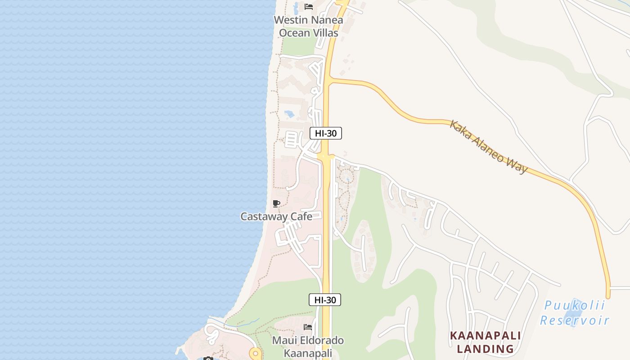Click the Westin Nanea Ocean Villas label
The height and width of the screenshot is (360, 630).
[x=308, y=27]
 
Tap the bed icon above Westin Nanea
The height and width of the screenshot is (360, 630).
[x=308, y=7]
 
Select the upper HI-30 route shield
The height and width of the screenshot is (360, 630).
[x=326, y=133]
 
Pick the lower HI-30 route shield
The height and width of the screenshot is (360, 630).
[x=325, y=300]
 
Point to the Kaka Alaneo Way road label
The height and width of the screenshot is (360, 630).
[x=488, y=146]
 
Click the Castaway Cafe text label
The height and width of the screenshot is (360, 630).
[x=276, y=216]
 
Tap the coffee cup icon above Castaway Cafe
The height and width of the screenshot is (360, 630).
[x=276, y=204]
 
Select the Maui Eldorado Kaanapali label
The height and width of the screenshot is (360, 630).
[x=308, y=346]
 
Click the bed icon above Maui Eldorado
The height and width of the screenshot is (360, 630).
[x=308, y=327]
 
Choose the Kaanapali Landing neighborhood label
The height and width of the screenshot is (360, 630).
[x=485, y=342]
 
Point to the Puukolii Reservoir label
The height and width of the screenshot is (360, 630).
[x=575, y=313]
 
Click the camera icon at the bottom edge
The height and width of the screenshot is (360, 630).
[x=208, y=358]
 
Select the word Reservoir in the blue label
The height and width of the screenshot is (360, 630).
[x=575, y=320]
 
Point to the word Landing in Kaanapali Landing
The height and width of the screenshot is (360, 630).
[x=485, y=349]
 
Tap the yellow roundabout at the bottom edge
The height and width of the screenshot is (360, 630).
[x=255, y=354]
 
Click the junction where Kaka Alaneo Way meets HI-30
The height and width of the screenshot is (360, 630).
[x=327, y=81]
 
